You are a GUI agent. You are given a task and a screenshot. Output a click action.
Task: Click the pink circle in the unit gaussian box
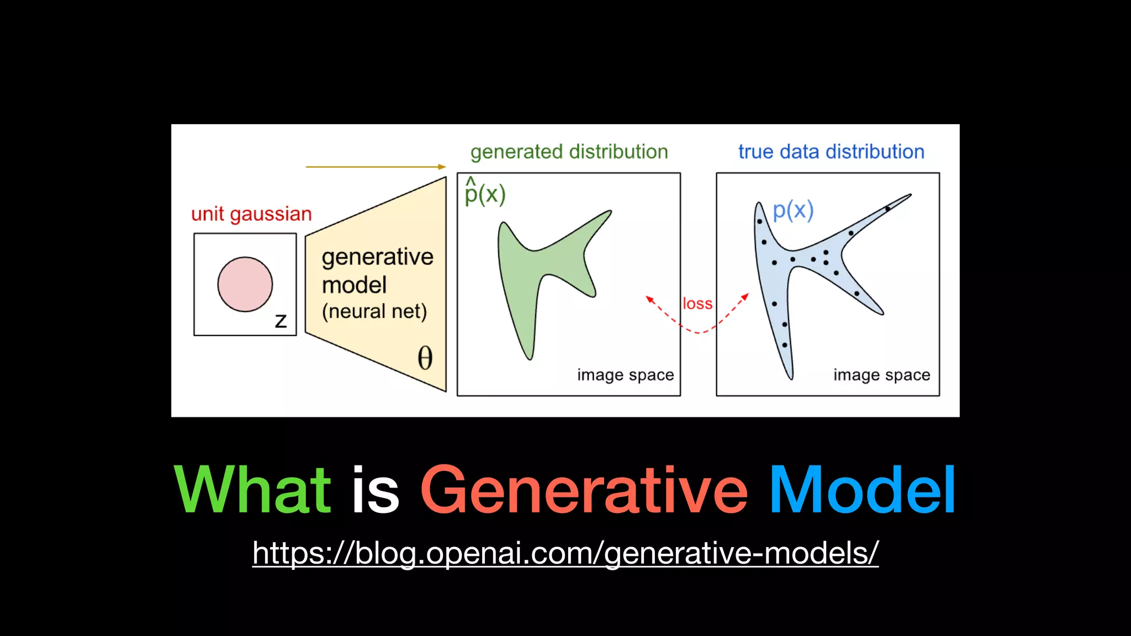click(x=245, y=284)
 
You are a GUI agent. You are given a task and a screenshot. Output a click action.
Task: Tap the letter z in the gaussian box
click(x=281, y=321)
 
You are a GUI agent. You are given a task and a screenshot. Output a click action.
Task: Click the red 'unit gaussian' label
click(x=251, y=214)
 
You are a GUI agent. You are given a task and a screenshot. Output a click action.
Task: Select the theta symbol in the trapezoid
click(x=425, y=358)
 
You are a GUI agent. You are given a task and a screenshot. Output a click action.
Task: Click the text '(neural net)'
click(x=374, y=311)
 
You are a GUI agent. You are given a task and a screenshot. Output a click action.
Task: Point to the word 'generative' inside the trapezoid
click(x=377, y=257)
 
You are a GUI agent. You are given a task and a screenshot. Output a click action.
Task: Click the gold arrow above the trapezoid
click(x=376, y=166)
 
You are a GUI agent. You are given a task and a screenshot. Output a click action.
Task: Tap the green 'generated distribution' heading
click(x=569, y=152)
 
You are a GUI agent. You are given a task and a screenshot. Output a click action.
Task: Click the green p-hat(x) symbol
click(x=484, y=193)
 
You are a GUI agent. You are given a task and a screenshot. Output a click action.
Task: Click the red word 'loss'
click(x=697, y=304)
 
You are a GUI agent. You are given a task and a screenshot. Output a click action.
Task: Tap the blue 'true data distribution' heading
click(x=831, y=152)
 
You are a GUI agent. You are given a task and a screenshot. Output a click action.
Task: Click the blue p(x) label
click(x=792, y=210)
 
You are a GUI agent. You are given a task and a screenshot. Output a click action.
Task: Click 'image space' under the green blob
click(x=625, y=375)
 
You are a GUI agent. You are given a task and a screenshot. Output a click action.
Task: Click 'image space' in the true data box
click(x=881, y=375)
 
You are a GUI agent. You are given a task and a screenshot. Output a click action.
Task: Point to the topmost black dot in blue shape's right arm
click(x=887, y=209)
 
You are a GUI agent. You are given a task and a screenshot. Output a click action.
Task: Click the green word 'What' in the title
click(x=252, y=490)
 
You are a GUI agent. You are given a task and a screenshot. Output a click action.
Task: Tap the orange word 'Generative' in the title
click(x=584, y=490)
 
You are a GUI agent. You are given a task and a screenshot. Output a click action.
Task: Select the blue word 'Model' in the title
click(x=862, y=490)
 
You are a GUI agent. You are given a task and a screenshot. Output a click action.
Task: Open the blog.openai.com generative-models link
click(x=565, y=553)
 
